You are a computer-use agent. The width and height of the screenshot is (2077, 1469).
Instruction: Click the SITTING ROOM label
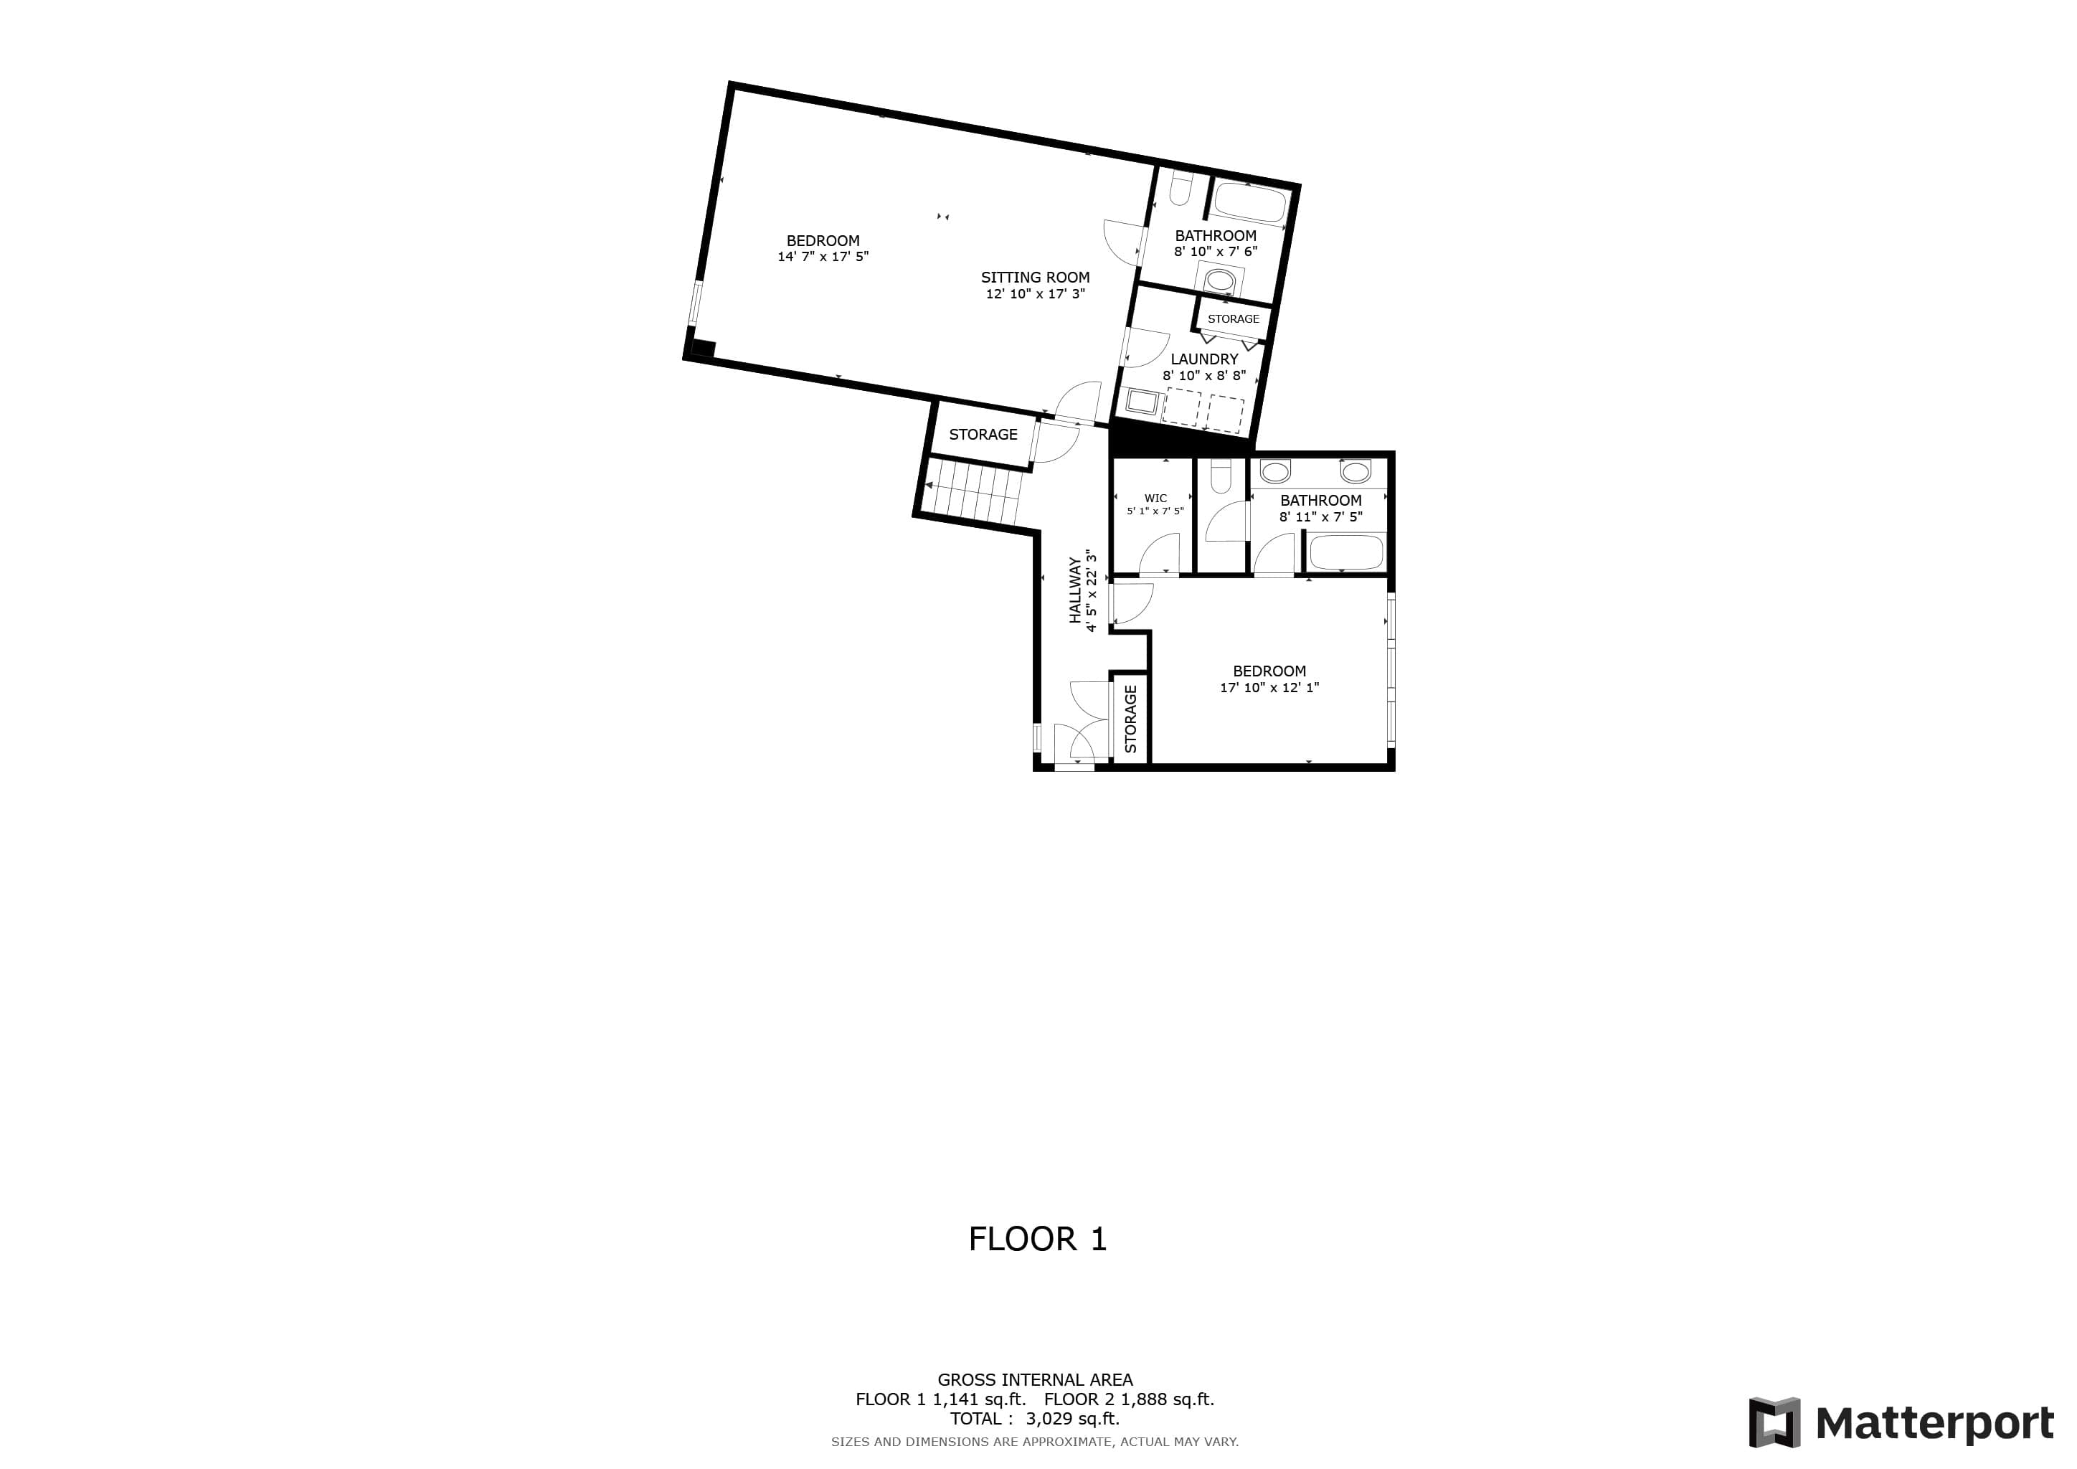[1035, 278]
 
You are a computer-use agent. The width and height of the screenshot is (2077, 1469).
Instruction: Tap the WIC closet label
[1155, 499]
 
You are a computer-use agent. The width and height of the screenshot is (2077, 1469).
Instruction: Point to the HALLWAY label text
[1074, 590]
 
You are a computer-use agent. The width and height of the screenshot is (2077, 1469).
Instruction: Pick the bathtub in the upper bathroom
[1249, 202]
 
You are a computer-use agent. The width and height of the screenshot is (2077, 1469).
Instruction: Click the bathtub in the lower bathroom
[1346, 552]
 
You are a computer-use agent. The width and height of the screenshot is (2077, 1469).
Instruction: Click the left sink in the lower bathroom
[1275, 471]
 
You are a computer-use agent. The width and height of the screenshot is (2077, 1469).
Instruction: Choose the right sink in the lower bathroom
[1355, 471]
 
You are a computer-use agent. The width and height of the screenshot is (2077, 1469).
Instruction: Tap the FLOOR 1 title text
[1038, 1238]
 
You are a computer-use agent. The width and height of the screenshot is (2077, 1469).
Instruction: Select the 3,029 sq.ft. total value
[1073, 1418]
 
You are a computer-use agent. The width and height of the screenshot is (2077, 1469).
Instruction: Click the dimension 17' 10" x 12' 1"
[1269, 687]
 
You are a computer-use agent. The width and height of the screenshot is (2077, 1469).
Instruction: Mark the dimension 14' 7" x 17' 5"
[823, 257]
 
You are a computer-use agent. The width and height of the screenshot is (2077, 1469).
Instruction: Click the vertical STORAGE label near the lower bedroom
[1130, 719]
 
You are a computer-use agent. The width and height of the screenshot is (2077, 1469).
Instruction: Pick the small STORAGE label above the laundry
[1233, 318]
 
